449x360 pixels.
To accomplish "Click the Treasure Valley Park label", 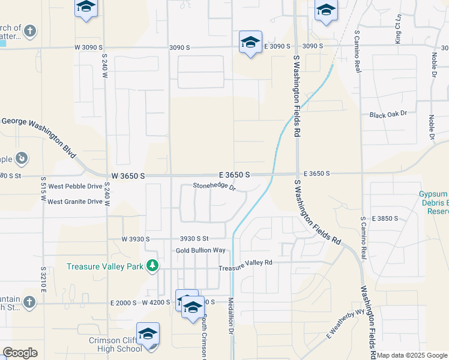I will (106, 266).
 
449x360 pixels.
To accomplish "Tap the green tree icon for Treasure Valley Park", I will (153, 265).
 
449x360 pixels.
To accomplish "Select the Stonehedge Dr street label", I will (214, 186).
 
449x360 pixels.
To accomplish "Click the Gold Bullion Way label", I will (200, 250).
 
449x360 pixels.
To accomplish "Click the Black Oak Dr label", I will (388, 114).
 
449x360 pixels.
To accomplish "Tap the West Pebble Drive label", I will (75, 187).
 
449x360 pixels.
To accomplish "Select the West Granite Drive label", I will (75, 202).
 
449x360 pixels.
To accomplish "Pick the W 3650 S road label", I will (128, 176).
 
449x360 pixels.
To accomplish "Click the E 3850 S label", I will (385, 218).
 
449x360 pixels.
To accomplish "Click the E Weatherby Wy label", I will (346, 325).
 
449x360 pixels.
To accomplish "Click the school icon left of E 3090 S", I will (250, 42).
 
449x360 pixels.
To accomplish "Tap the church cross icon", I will (31, 31).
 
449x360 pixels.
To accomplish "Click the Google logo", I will (20, 352).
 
